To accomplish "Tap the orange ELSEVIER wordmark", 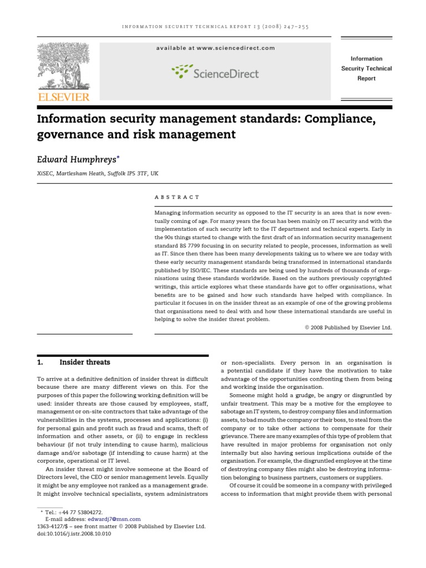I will click(x=63, y=98).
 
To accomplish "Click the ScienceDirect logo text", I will click(x=225, y=73).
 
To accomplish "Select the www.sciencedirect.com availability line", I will click(x=215, y=48).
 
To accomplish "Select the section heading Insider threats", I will click(x=85, y=363).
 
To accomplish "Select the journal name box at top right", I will click(x=366, y=68).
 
